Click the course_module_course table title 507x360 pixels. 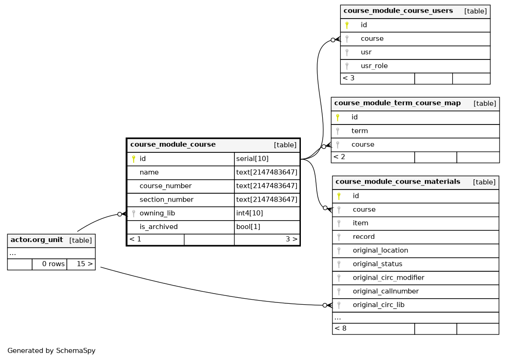pyautogui.click(x=173, y=144)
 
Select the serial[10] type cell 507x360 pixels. pyautogui.click(x=252, y=158)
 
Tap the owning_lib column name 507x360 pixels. pyautogui.click(x=157, y=213)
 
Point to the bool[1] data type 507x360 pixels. pyautogui.click(x=248, y=227)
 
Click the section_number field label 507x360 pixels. pyautogui.click(x=166, y=200)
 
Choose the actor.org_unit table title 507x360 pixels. pyautogui.click(x=37, y=240)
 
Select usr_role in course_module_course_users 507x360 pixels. pyautogui.click(x=374, y=66)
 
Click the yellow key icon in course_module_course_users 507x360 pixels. pyautogui.click(x=347, y=25)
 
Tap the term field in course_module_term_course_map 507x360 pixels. pyautogui.click(x=359, y=131)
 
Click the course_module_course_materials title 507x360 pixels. pyautogui.click(x=398, y=182)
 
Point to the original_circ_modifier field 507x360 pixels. pyautogui.click(x=388, y=277)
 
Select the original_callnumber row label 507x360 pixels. pyautogui.click(x=385, y=291)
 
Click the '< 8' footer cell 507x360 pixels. pyautogui.click(x=340, y=328)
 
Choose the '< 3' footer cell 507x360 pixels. pyautogui.click(x=348, y=78)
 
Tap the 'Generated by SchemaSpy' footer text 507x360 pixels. pyautogui.click(x=52, y=351)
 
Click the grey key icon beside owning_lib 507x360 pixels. pyautogui.click(x=134, y=214)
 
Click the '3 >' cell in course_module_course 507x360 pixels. pyautogui.click(x=291, y=239)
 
